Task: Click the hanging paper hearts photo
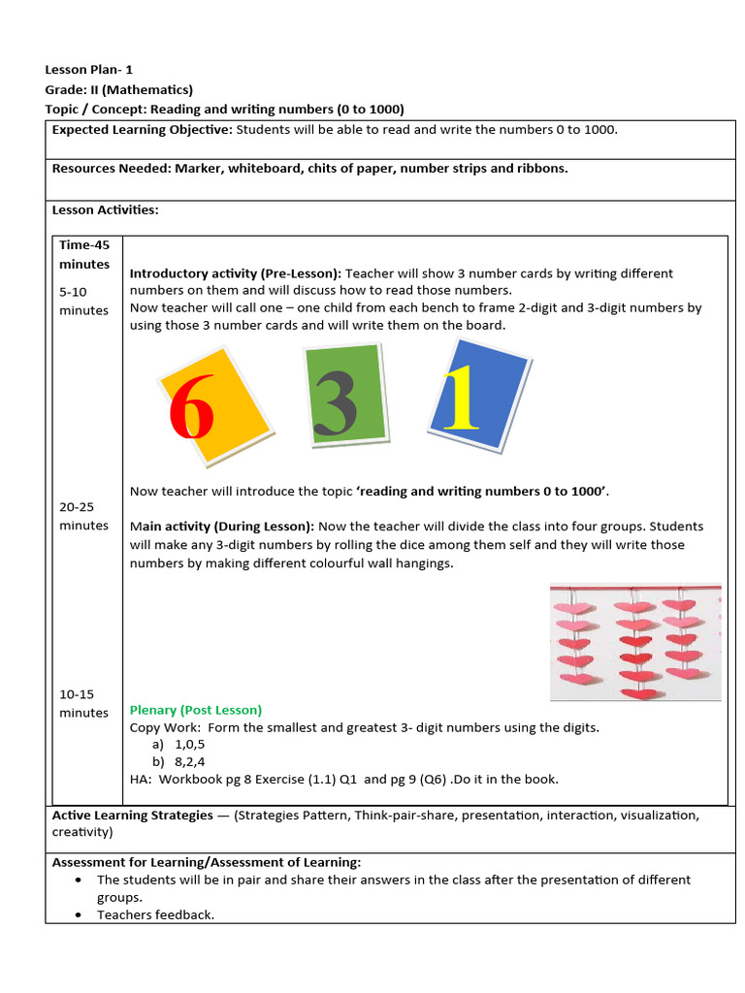pos(635,641)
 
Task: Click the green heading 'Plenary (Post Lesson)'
pos(196,710)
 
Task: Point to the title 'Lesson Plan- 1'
pos(89,70)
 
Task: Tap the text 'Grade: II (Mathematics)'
pos(119,89)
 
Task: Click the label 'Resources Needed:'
pos(112,168)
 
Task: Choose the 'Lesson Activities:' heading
pos(105,208)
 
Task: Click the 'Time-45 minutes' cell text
pos(84,254)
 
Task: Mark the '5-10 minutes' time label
pos(84,301)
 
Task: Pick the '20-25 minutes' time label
pos(84,516)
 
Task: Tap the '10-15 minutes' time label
pos(84,703)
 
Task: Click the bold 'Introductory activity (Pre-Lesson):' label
pos(236,273)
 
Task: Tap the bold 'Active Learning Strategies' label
pos(132,816)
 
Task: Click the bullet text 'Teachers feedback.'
pos(155,914)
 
